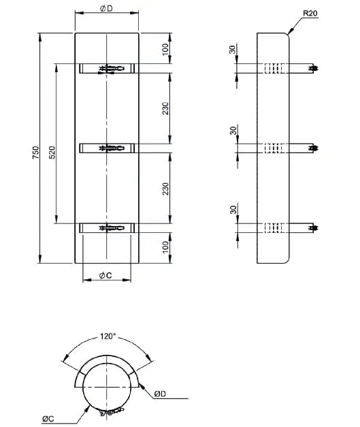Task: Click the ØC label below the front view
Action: [x=105, y=274]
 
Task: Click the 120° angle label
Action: [x=108, y=336]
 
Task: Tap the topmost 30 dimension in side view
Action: [x=232, y=50]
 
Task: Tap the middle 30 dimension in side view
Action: [x=232, y=131]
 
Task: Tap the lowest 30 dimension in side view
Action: [x=232, y=210]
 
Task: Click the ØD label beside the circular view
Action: [x=161, y=393]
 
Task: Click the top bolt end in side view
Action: [x=314, y=68]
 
